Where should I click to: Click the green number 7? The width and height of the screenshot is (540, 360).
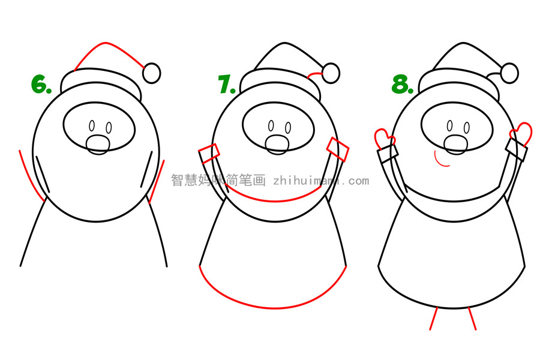226,84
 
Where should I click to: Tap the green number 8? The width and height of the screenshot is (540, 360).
402,84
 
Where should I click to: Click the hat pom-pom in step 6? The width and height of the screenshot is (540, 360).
152,73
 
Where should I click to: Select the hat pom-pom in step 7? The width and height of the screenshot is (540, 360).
331,73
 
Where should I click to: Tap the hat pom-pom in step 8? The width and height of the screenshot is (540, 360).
509,73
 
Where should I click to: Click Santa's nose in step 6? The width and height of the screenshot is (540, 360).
98,144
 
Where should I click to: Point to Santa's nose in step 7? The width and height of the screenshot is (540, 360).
277,144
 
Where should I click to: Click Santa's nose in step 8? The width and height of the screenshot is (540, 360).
455,144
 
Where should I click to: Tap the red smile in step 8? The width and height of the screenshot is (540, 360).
442,162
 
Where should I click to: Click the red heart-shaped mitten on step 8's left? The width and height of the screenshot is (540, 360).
382,137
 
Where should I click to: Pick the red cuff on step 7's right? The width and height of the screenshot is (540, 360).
338,149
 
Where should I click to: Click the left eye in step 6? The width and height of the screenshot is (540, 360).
92,127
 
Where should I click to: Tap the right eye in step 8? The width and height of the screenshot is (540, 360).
467,128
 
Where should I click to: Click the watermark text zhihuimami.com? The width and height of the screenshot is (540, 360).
321,180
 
